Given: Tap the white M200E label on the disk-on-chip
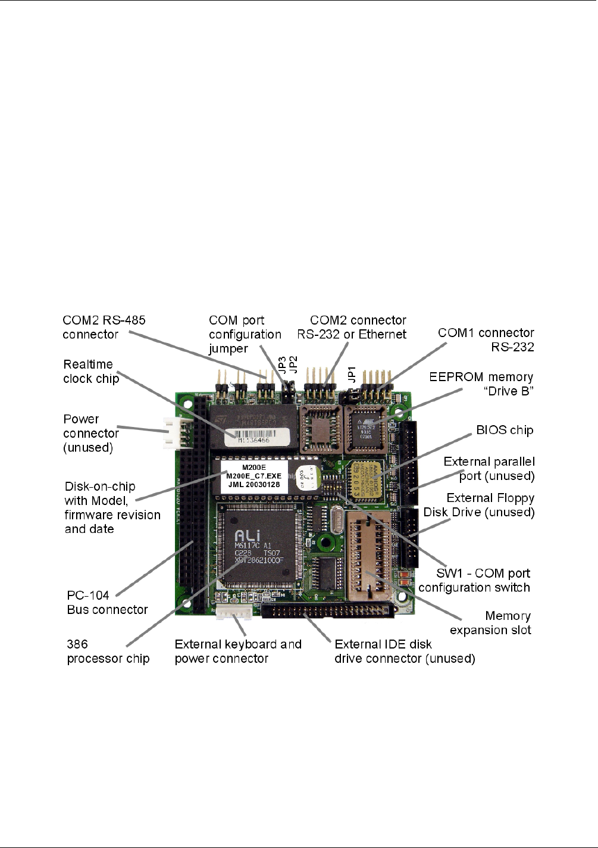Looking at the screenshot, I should [x=254, y=476].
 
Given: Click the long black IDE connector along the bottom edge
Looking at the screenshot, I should [x=328, y=609].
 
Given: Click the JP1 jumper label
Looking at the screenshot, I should [x=352, y=374].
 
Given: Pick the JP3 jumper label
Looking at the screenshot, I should [x=283, y=364].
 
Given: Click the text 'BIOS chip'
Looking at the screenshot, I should [x=505, y=430].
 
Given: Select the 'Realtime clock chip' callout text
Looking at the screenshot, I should [x=91, y=372].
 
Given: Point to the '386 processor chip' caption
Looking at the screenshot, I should [x=108, y=651].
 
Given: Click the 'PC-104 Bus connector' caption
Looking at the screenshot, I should [x=107, y=602].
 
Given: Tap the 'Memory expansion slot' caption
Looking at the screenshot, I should [x=490, y=623].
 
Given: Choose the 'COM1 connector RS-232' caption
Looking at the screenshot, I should [x=486, y=339].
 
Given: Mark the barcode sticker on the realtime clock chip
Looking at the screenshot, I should [x=262, y=437].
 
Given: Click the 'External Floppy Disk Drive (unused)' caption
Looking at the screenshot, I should [x=479, y=505].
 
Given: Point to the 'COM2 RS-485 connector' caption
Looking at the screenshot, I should [x=104, y=327].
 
